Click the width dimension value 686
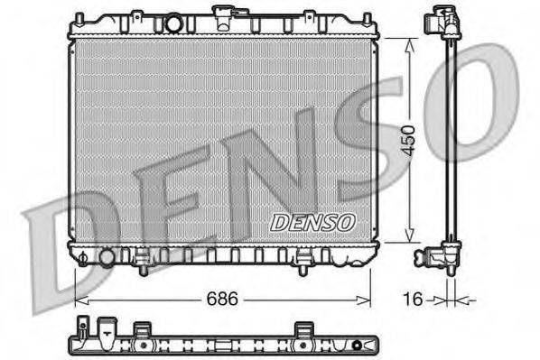(x=221, y=299)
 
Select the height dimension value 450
(x=407, y=139)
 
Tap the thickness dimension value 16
(x=412, y=299)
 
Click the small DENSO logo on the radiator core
(x=312, y=220)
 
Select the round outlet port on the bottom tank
(x=107, y=258)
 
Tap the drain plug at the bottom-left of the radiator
(x=84, y=258)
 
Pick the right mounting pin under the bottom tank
(x=304, y=265)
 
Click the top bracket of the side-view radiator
(x=445, y=21)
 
